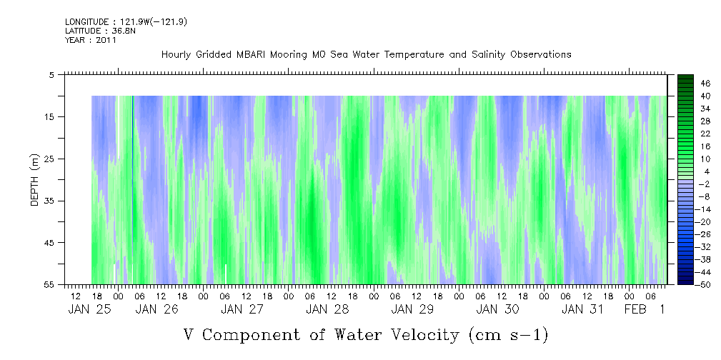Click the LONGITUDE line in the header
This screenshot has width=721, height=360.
[126, 22]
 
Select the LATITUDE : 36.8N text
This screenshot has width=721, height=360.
[100, 31]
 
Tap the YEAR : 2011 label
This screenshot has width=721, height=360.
[91, 40]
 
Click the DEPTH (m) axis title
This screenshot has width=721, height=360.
[35, 180]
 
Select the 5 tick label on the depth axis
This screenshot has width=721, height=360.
[51, 74]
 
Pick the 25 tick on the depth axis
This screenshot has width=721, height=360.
[48, 159]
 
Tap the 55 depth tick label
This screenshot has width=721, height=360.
[48, 284]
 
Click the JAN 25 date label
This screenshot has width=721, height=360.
[89, 309]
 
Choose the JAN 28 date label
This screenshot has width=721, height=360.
[327, 309]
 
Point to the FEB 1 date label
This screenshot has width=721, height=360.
[645, 309]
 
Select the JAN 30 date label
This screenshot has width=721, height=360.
[497, 309]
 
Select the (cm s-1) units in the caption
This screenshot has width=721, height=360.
[508, 336]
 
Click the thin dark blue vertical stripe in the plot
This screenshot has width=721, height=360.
[133, 189]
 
